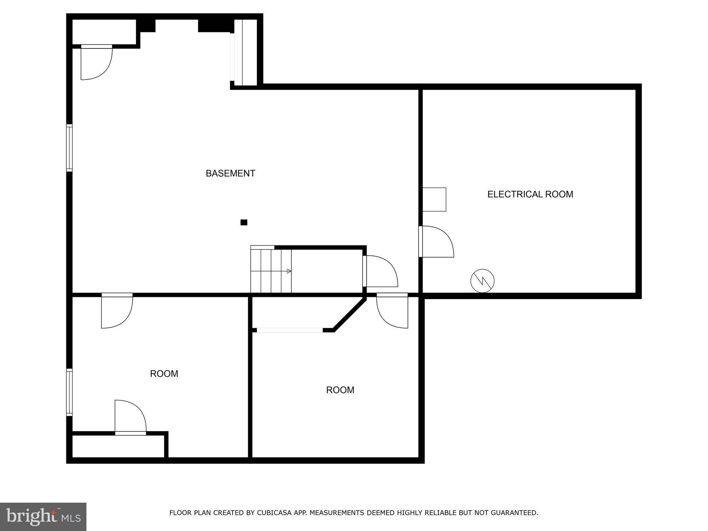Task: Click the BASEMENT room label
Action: [230, 173]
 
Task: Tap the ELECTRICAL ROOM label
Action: [530, 194]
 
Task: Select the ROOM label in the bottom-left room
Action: [164, 374]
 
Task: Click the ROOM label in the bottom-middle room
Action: [340, 390]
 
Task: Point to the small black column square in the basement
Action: [244, 222]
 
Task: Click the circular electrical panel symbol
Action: [482, 281]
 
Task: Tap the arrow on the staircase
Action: [289, 271]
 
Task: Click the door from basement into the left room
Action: [117, 311]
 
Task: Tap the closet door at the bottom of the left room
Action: [130, 417]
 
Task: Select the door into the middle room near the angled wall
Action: [392, 311]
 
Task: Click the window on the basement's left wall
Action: [69, 148]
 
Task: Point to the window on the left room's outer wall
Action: [69, 392]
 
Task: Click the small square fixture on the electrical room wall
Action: [434, 199]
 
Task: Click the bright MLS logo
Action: [43, 516]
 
